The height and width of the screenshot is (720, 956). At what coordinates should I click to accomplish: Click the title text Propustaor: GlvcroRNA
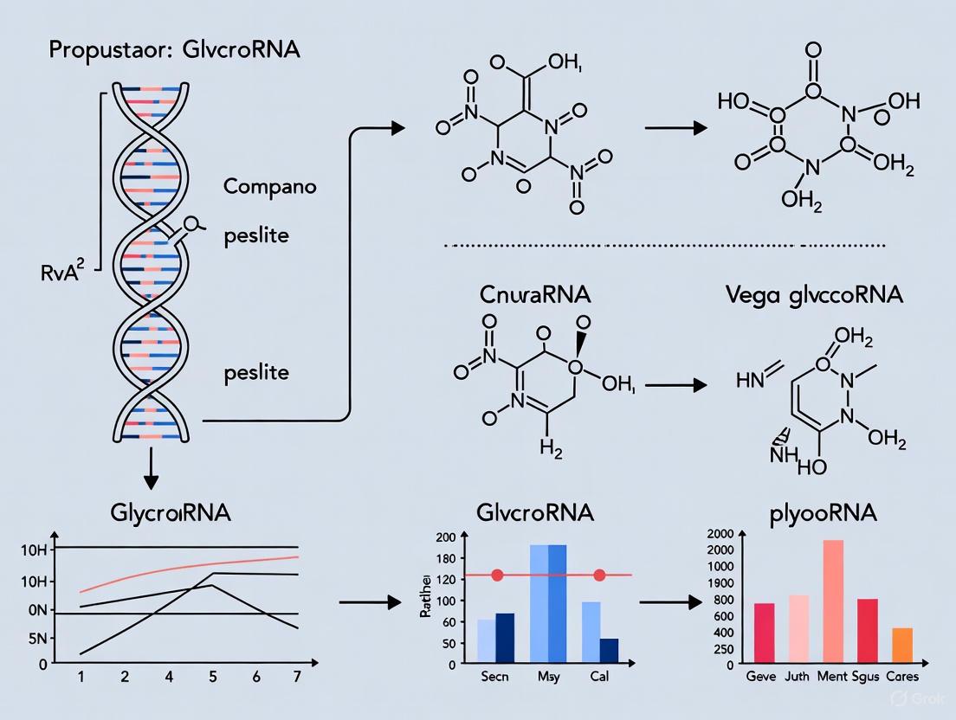pyautogui.click(x=174, y=49)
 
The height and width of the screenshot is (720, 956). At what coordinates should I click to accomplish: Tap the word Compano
pyautogui.click(x=270, y=186)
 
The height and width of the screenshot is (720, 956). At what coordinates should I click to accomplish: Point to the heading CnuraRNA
pyautogui.click(x=535, y=294)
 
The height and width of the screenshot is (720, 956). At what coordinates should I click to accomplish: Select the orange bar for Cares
pyautogui.click(x=902, y=646)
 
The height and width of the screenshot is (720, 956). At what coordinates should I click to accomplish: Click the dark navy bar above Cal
pyautogui.click(x=609, y=651)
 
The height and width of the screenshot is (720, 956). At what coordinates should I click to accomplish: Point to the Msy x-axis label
pyautogui.click(x=547, y=677)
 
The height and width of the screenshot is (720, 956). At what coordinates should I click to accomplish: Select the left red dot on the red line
pyautogui.click(x=496, y=575)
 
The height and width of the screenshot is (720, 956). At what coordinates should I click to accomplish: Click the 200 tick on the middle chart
pyautogui.click(x=446, y=537)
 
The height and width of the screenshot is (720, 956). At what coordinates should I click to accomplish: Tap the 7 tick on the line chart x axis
pyautogui.click(x=297, y=678)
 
